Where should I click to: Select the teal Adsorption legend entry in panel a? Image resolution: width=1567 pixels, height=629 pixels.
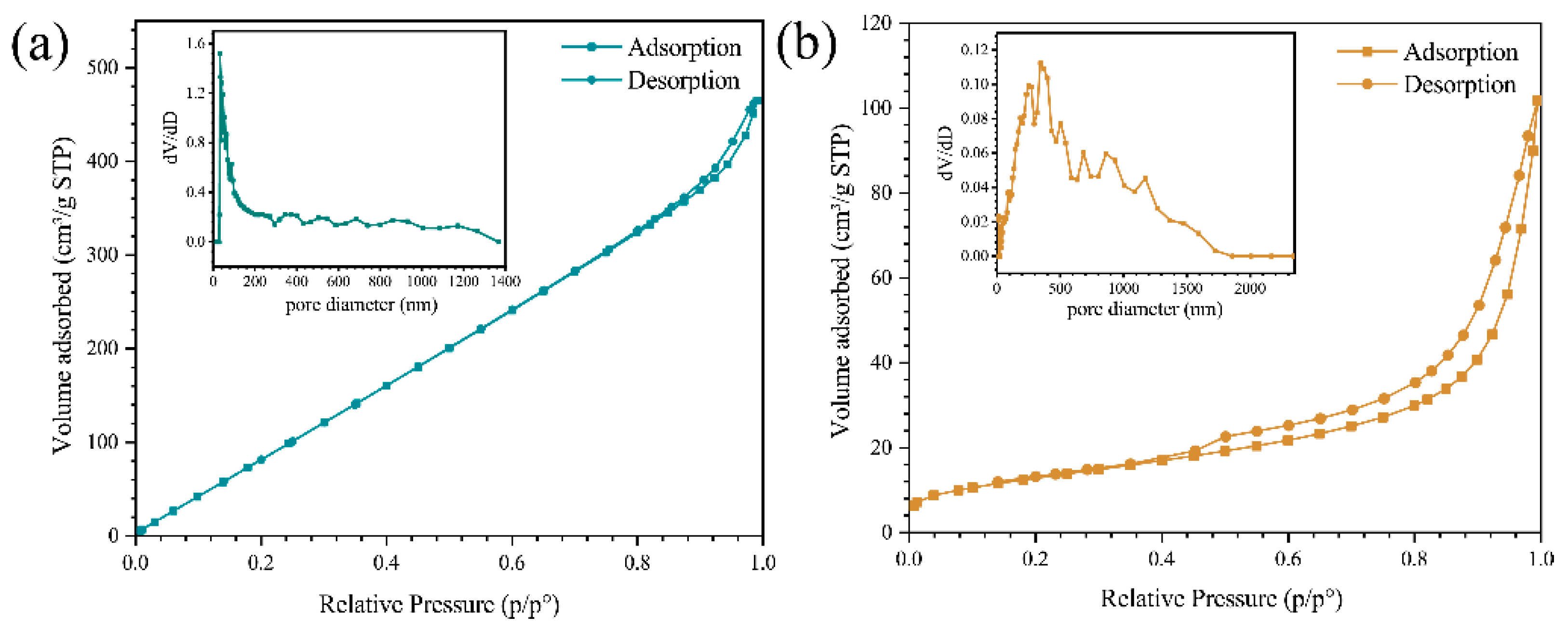tap(684, 47)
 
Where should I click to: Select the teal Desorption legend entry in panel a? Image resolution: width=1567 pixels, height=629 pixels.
tap(683, 81)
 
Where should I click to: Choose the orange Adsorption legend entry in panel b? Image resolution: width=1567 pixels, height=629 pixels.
tap(1460, 53)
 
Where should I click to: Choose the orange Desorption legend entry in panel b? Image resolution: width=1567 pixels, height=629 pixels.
tap(1459, 84)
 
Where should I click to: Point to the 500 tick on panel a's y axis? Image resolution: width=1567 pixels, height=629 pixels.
tap(102, 67)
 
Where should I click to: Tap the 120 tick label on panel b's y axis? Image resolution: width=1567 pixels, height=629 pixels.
tap(876, 23)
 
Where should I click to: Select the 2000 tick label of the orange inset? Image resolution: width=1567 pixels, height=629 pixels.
tap(1249, 288)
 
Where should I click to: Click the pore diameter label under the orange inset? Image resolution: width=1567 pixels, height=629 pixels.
tap(1144, 309)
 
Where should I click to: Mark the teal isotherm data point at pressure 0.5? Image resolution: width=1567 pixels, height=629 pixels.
tap(450, 348)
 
